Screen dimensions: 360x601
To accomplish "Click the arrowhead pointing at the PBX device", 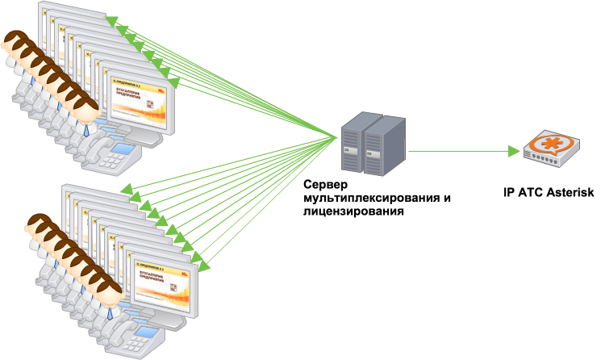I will (x=515, y=151).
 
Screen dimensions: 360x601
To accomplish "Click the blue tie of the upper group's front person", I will (x=86, y=128).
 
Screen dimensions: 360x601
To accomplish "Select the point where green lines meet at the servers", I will (x=338, y=137).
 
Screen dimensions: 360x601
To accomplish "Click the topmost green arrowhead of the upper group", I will (x=111, y=20).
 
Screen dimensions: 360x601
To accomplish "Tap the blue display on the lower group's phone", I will (x=144, y=331).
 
